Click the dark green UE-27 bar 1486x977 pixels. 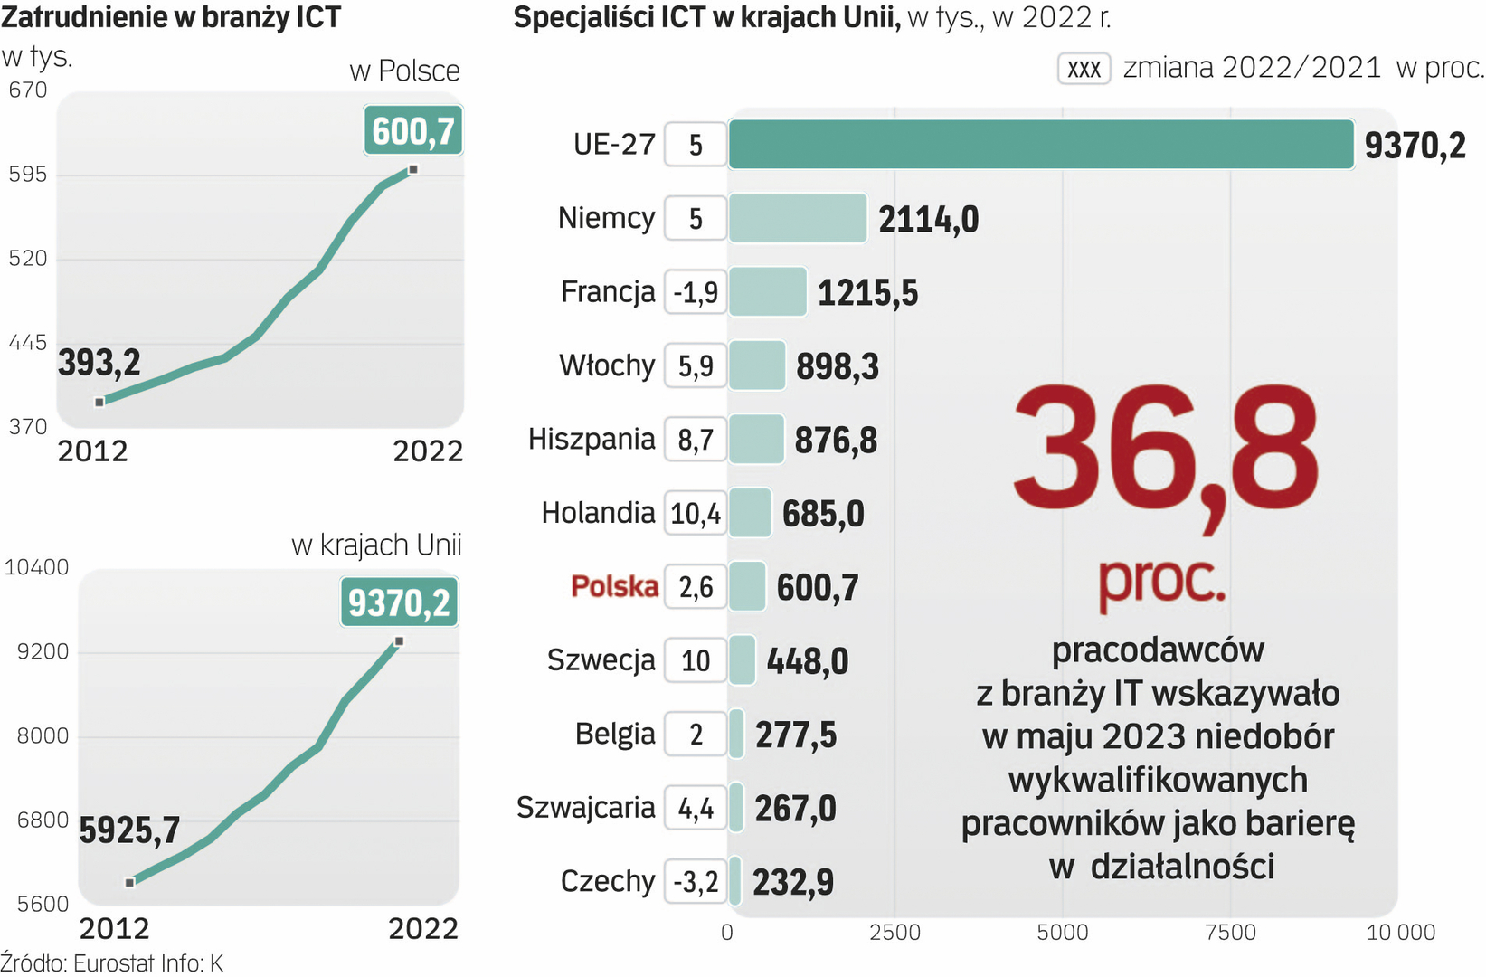(x=1040, y=145)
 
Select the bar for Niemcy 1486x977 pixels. (x=798, y=219)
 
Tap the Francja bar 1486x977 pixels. (x=767, y=292)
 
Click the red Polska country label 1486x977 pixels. (x=614, y=587)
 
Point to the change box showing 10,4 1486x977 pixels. (x=696, y=514)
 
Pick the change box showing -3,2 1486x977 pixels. (x=696, y=881)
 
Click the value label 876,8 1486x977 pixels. (x=836, y=441)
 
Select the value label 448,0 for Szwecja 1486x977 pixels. (x=808, y=661)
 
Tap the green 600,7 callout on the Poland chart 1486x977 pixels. (x=413, y=131)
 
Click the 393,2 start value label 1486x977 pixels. (x=99, y=363)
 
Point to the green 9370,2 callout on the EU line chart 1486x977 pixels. (x=399, y=602)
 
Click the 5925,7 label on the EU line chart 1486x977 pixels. (x=129, y=830)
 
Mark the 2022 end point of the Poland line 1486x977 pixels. (x=413, y=170)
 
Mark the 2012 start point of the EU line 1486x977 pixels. (x=130, y=882)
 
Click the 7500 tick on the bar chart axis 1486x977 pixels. (x=1231, y=933)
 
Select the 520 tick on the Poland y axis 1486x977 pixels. (x=27, y=259)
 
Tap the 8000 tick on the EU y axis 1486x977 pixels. (x=43, y=736)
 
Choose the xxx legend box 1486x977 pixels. (x=1084, y=69)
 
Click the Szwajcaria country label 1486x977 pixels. (x=585, y=807)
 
